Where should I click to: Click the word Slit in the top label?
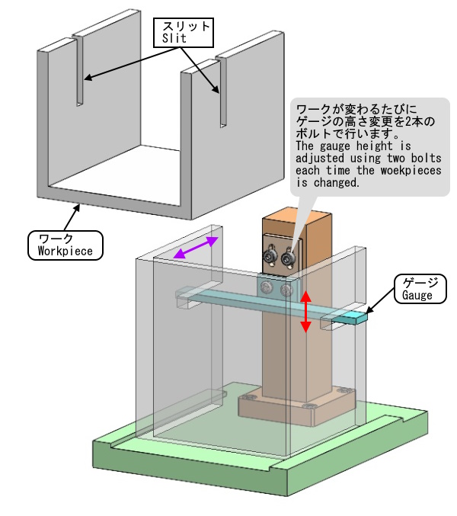[174, 37]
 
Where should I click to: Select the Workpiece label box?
[65, 245]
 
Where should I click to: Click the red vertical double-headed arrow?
[305, 310]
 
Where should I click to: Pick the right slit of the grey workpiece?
[222, 91]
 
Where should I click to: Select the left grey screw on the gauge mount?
[266, 287]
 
